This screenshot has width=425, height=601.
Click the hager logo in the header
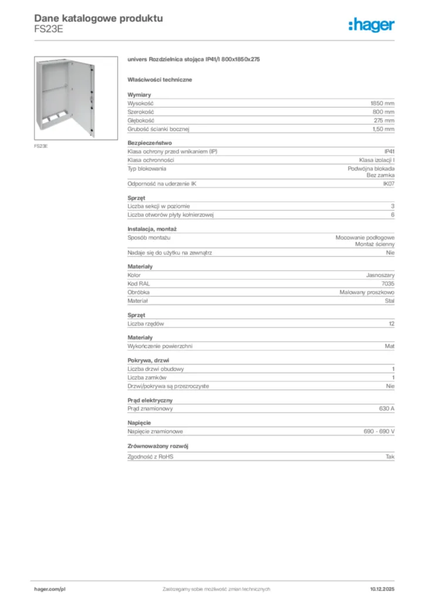371,25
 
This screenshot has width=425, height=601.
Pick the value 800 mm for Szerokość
383,112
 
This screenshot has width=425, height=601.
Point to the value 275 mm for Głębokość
383,120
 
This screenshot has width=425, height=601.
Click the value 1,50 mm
383,129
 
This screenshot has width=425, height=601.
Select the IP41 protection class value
389,151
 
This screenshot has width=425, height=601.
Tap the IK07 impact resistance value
389,184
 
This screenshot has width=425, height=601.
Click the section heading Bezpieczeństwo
149,143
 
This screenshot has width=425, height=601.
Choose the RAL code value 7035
388,283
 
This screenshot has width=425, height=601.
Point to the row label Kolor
134,275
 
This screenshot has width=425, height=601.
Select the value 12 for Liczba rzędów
392,324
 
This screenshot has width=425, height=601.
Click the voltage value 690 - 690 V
379,431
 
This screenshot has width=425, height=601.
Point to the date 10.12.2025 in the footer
382,589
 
